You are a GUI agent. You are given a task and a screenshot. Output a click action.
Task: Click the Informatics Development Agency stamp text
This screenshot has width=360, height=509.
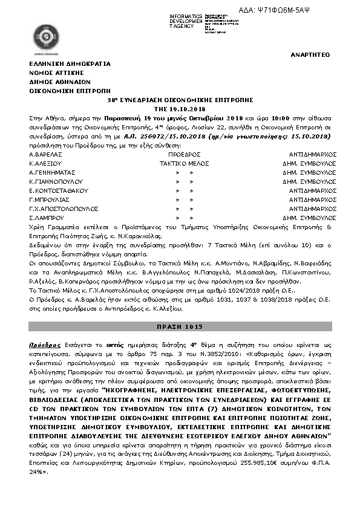(x=187, y=21)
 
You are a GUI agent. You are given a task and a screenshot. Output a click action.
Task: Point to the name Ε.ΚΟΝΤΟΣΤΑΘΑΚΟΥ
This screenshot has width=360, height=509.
(x=59, y=190)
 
